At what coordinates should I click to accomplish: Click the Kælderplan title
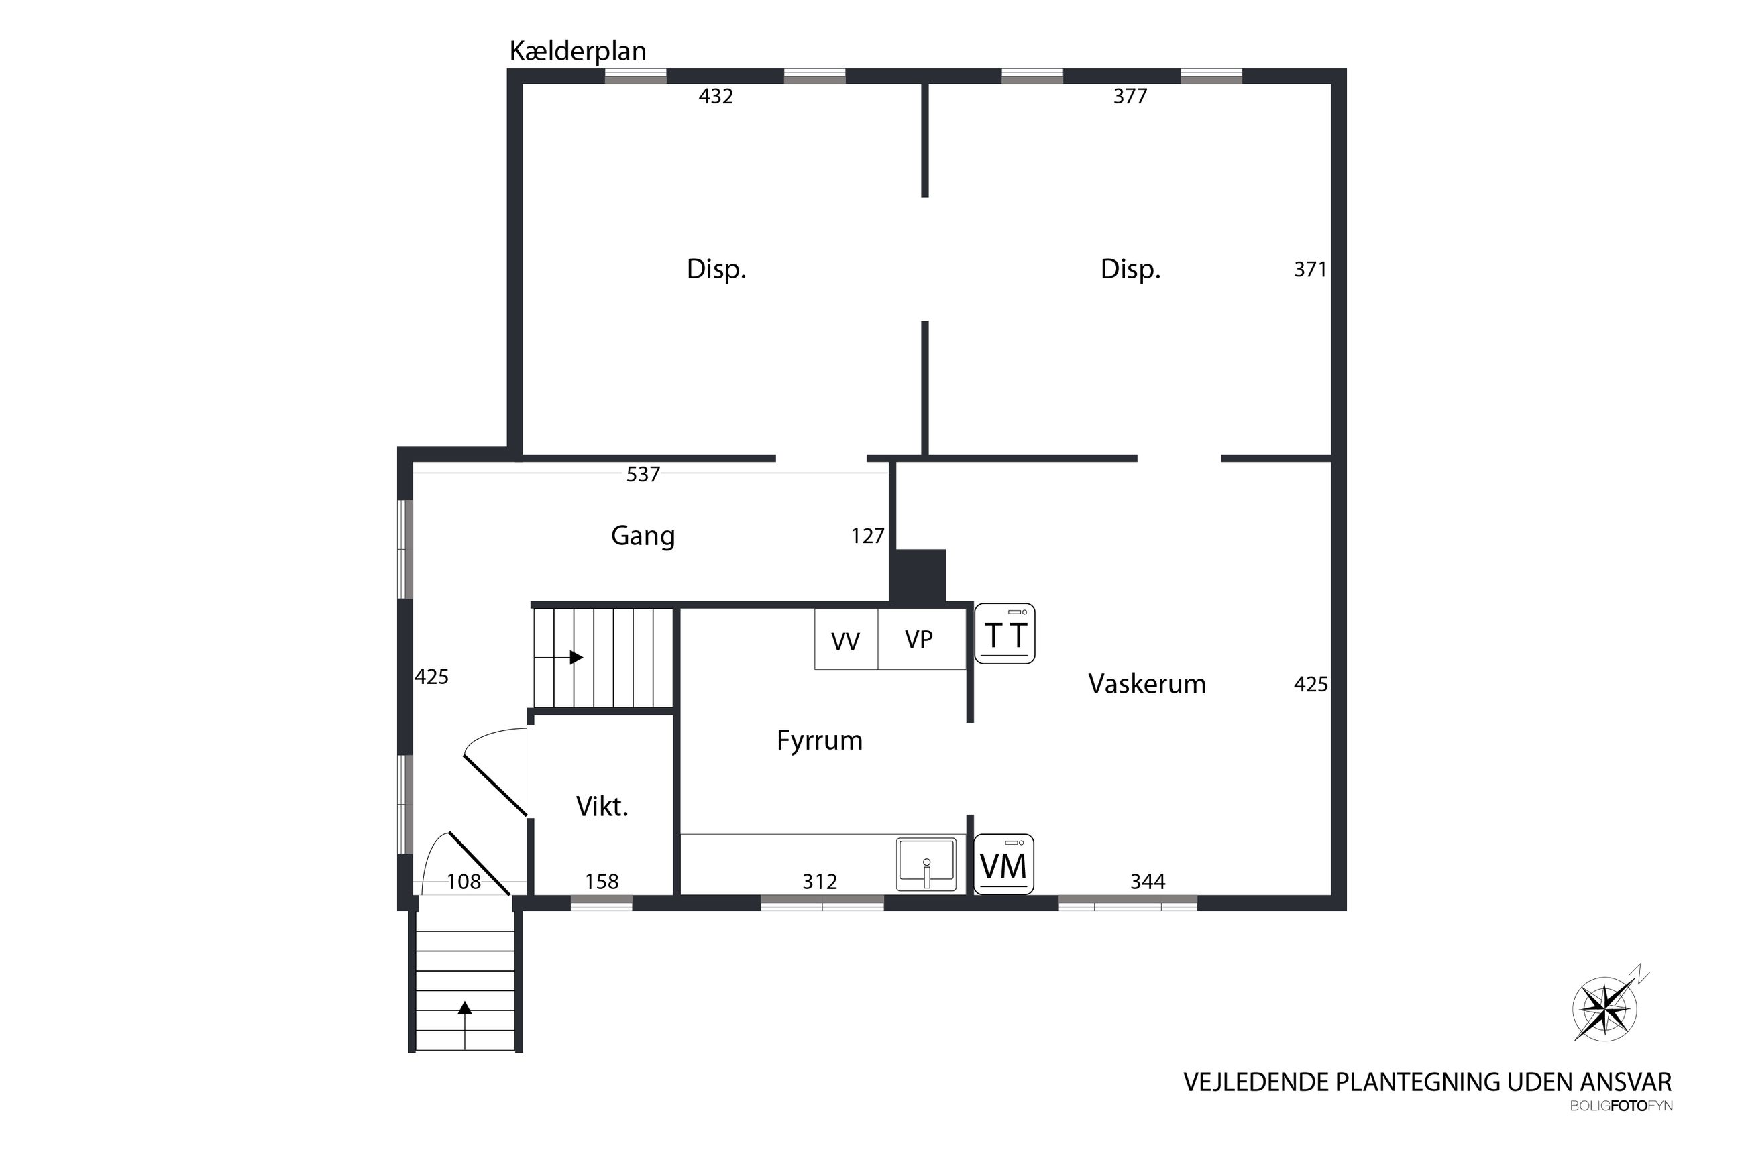(578, 51)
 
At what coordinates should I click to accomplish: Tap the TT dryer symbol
(1004, 634)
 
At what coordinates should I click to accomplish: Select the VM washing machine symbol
(1003, 864)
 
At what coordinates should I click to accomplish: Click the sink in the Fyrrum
(926, 864)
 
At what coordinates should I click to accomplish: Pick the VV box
(847, 639)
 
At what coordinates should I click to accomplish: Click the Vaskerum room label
(1146, 683)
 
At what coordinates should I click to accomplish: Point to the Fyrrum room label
(819, 740)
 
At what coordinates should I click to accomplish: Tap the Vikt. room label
(602, 806)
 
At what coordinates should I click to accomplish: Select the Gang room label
(643, 536)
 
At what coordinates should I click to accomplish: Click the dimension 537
(643, 474)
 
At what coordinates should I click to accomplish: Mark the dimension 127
(867, 536)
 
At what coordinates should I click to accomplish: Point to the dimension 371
(1309, 269)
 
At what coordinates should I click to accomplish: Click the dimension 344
(1147, 881)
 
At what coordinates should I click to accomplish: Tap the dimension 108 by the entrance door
(464, 881)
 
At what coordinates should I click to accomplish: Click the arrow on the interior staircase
(559, 657)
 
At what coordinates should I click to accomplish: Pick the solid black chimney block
(918, 576)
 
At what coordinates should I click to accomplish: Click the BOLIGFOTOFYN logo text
(1621, 1106)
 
